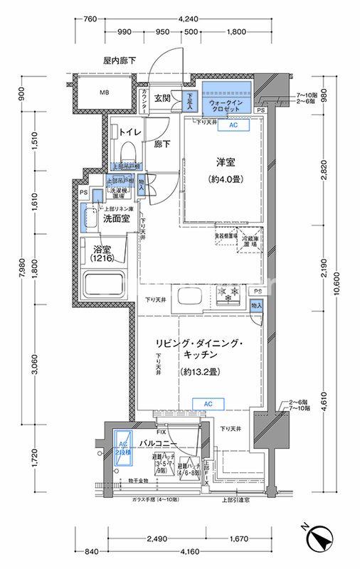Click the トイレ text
(129, 133)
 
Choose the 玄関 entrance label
(163, 99)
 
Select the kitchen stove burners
(230, 294)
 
